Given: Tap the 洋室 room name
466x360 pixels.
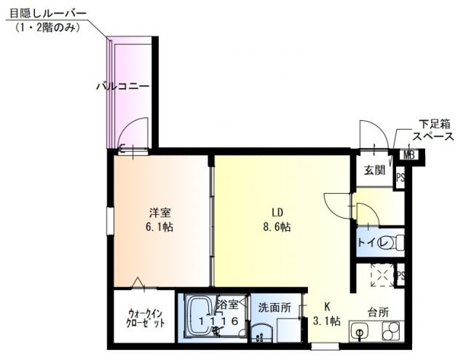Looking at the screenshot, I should coord(161,213).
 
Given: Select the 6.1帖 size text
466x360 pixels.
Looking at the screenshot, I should coord(161,227).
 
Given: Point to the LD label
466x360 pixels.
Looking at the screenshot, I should coord(277,213).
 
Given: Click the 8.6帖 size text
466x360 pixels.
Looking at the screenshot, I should coord(277,227).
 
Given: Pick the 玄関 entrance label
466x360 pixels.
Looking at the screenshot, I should coord(374,171).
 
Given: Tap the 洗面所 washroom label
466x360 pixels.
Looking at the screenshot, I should coord(275,307).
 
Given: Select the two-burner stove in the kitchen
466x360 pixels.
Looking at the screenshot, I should coord(389,332).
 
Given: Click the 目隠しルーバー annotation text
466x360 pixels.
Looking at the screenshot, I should coord(48,14).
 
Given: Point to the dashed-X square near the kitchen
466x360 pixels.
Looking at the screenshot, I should coord(380,275).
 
